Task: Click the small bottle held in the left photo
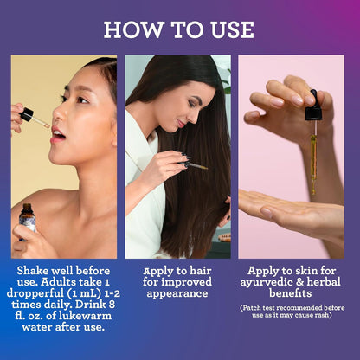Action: (x=28, y=222)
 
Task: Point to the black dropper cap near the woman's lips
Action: (x=27, y=114)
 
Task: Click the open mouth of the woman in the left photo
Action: (x=59, y=135)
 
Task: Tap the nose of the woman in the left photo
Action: (x=59, y=114)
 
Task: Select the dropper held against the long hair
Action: (x=194, y=165)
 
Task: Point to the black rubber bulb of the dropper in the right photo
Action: (x=313, y=106)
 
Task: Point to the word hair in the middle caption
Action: (x=201, y=271)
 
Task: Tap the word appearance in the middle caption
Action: (x=177, y=293)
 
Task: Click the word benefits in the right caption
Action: (x=291, y=293)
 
